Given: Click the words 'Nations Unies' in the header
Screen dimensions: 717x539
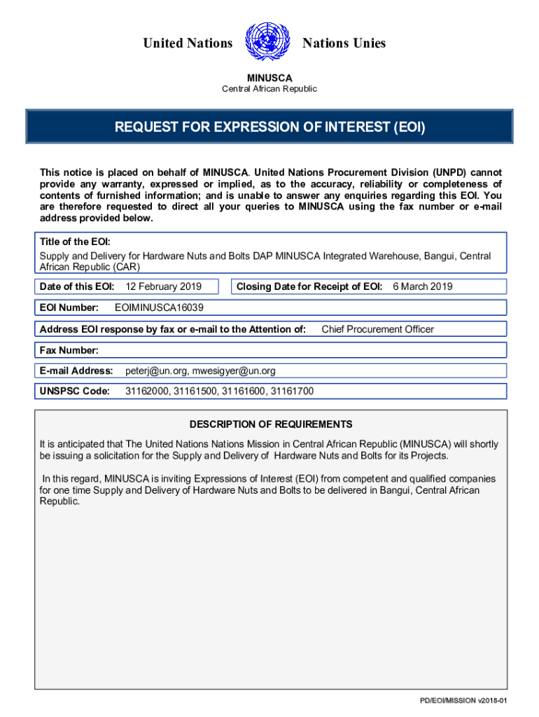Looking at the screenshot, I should pos(344,43).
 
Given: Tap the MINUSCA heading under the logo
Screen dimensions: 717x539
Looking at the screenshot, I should pos(269,78).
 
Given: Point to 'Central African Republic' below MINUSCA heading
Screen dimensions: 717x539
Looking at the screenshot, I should pos(269,89).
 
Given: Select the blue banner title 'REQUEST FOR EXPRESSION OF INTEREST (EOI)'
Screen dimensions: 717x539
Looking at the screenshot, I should pos(269,127).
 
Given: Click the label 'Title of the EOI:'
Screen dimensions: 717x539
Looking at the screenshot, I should pos(75,242).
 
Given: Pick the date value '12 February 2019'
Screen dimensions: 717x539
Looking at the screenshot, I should pos(163,286).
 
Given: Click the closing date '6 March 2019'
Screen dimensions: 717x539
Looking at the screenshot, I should pos(423,286).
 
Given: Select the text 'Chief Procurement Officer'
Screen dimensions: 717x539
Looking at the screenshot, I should pos(377,329).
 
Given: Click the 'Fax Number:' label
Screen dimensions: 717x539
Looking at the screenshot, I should pos(69,350).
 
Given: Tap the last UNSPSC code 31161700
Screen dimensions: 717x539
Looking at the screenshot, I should pos(292,391).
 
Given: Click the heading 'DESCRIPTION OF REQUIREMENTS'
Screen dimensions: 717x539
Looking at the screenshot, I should pos(271,424).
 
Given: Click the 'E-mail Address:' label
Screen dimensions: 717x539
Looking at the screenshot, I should pos(76,370).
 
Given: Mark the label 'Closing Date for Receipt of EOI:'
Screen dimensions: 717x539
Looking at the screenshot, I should pos(309,286).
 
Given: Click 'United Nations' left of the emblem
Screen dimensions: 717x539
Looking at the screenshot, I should pos(188,43).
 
